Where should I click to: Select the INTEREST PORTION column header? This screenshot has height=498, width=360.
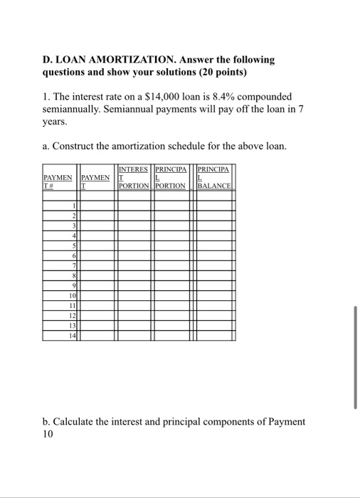(134, 178)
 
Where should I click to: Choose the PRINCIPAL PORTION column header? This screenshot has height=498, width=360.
(171, 178)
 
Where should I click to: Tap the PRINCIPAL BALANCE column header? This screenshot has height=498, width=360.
(216, 178)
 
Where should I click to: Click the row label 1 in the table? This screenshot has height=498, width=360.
(73, 206)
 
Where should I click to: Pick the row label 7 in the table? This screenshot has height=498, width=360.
(73, 265)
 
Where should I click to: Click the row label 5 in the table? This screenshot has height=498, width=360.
(73, 245)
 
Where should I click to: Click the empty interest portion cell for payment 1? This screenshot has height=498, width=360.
(134, 206)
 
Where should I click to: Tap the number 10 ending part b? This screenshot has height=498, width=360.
(48, 434)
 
